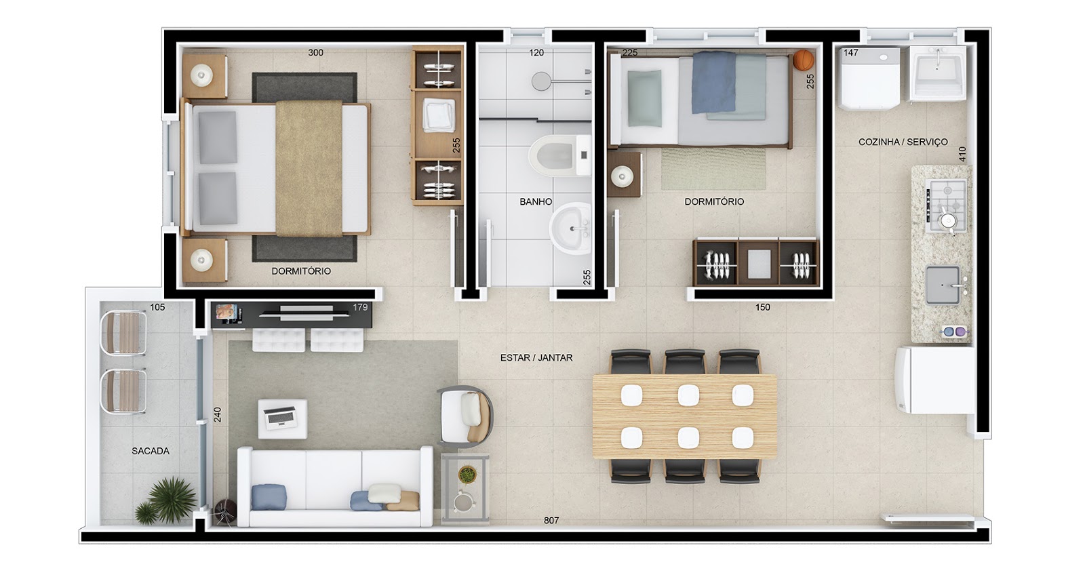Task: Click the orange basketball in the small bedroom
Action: click(804, 60)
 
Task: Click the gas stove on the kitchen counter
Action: click(946, 205)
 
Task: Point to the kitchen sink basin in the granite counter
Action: click(943, 285)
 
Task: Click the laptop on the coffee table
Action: click(281, 417)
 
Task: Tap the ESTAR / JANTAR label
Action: click(536, 357)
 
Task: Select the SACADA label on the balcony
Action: click(151, 451)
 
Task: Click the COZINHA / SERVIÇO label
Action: click(903, 142)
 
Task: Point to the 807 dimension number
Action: click(551, 520)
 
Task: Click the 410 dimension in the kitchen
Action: click(962, 154)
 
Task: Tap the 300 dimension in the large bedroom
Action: click(315, 53)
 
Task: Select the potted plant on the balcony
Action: click(166, 500)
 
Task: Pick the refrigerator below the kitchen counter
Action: click(934, 380)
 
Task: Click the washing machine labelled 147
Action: click(870, 77)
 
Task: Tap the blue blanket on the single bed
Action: click(713, 82)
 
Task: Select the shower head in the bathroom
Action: click(541, 81)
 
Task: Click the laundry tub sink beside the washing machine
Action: click(938, 73)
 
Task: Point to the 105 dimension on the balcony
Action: click(157, 307)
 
